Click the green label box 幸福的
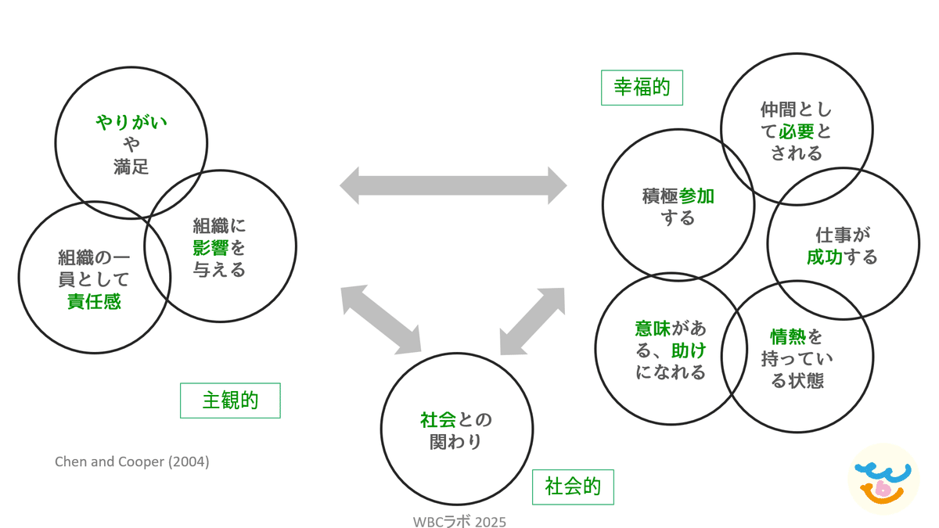pos(642,88)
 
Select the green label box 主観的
pos(230,400)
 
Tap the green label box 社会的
pos(573,487)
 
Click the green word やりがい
pos(131,122)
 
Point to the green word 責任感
pos(95,301)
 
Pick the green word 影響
pos(210,248)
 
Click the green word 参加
pos(696,196)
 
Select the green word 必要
pos(797,131)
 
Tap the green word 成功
pos(825,257)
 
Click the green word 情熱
pos(788,336)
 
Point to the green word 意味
pos(653,329)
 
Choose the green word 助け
pos(689,350)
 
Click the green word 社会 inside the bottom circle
pos(438,420)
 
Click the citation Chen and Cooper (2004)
pos(132,462)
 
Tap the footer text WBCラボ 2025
pos(459,521)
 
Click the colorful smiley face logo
pos(883,480)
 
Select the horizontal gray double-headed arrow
pos(453,185)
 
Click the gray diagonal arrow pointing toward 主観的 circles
pos(381,320)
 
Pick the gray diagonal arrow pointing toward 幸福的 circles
pos(532,321)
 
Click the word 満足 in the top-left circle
pos(131,167)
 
